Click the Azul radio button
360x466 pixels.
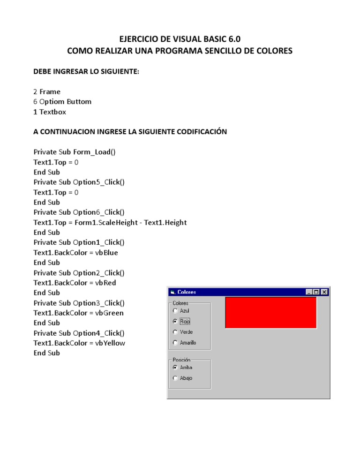click(x=175, y=310)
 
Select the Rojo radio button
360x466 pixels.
click(x=175, y=322)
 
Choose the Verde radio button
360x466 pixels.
click(x=175, y=332)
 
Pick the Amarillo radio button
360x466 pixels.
click(x=175, y=343)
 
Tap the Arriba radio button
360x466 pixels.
click(x=175, y=368)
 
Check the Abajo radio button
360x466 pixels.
click(x=175, y=378)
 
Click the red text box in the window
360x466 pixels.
click(x=271, y=313)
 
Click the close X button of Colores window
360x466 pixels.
click(x=324, y=292)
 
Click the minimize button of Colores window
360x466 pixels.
click(x=309, y=292)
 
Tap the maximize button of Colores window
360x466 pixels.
click(x=316, y=292)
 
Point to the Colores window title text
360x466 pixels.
click(x=187, y=292)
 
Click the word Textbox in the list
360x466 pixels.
click(x=53, y=112)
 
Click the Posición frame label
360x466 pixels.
click(x=182, y=360)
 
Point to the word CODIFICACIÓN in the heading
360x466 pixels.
click(x=196, y=132)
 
